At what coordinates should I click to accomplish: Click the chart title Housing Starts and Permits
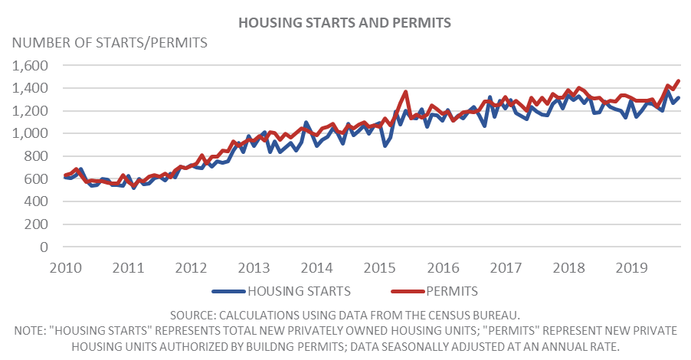tap(345, 23)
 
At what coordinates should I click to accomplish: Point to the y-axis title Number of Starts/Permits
tap(110, 43)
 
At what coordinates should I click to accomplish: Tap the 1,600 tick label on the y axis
tap(30, 66)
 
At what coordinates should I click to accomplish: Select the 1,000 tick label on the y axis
tap(30, 133)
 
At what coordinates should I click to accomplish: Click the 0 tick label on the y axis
tap(44, 247)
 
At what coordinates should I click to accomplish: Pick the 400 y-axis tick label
tap(37, 201)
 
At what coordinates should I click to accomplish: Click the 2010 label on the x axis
tap(66, 268)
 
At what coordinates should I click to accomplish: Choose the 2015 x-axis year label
tap(380, 268)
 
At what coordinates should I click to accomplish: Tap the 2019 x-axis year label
tap(631, 268)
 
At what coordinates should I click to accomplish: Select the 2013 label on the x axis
tap(254, 268)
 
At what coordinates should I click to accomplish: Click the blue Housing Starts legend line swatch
tap(228, 291)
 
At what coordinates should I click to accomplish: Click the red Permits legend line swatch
tap(408, 291)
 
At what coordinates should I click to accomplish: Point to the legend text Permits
tap(452, 291)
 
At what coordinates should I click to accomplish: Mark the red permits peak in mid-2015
tap(406, 92)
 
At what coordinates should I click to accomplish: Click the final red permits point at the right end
tap(679, 80)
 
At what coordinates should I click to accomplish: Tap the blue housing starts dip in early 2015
tap(385, 146)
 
